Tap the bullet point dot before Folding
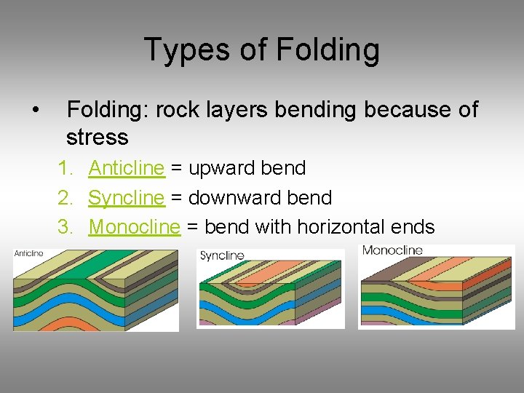[x=35, y=111]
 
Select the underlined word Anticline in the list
[x=127, y=168]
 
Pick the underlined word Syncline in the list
[x=127, y=197]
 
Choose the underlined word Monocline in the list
[x=134, y=227]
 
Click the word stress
[x=97, y=137]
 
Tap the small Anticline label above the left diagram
[x=29, y=253]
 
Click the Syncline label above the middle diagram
[x=222, y=255]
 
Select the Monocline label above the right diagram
[x=392, y=251]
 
